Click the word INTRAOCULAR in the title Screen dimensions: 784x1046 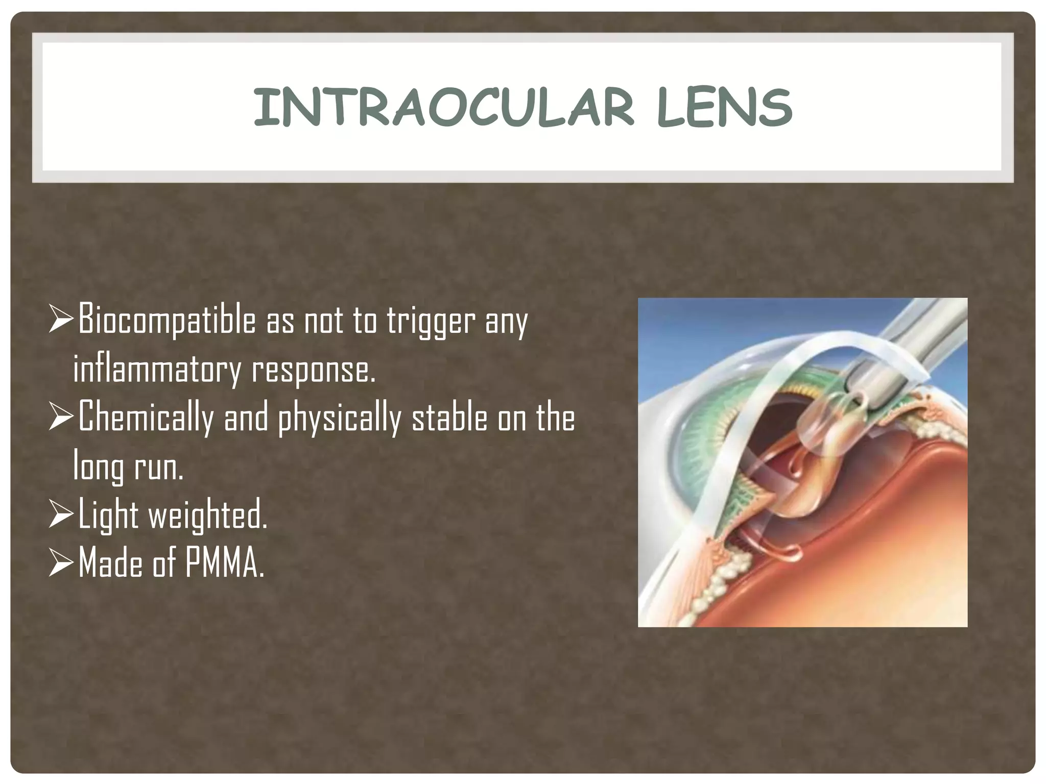443,108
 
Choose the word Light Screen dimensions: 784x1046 108,516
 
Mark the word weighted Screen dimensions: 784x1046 207,516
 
